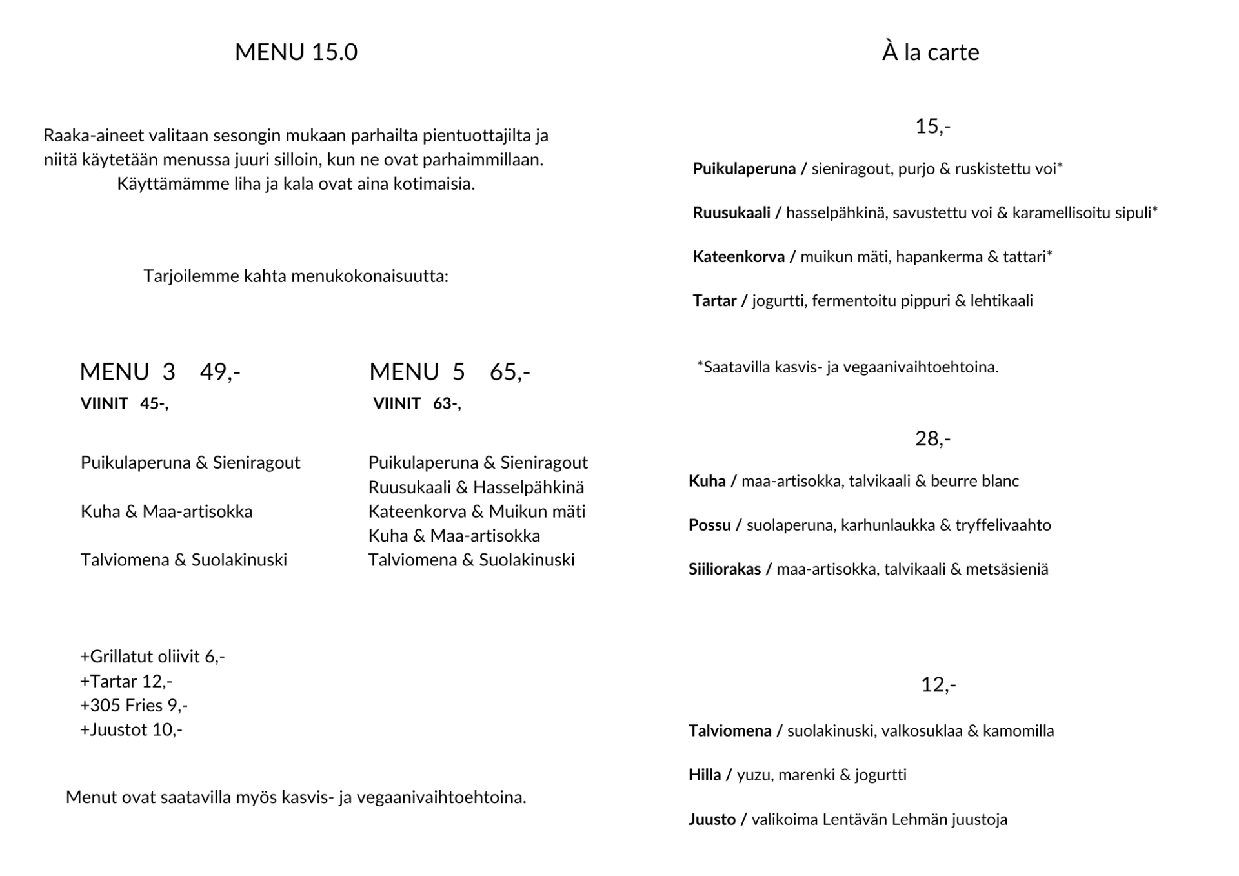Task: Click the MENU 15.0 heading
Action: point(296,52)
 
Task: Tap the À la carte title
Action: point(930,52)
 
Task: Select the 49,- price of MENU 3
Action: point(219,372)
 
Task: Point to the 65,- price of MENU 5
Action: point(509,372)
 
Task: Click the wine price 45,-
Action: point(154,403)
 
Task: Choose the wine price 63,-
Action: point(447,403)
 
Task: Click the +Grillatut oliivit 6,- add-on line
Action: point(152,657)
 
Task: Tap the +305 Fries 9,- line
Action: point(134,705)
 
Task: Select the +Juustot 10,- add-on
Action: point(131,729)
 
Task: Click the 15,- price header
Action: point(932,127)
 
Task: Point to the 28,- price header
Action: point(932,439)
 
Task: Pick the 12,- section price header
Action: point(938,684)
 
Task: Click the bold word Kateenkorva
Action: point(738,257)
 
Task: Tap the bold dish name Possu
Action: point(709,525)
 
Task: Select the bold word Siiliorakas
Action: point(725,569)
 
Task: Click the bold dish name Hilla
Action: point(704,775)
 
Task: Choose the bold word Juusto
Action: point(712,819)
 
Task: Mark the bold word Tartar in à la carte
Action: point(714,301)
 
